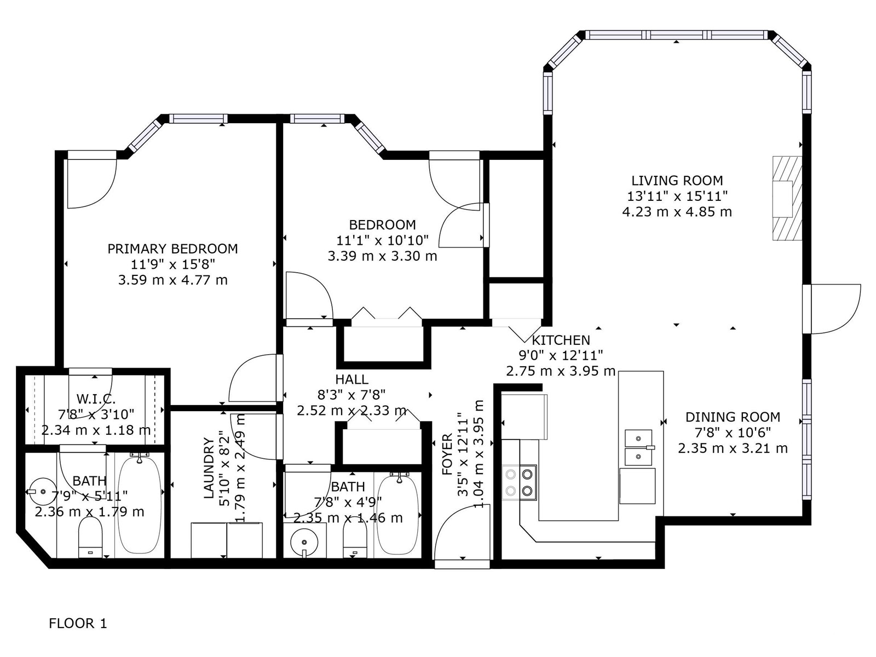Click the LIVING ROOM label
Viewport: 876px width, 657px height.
click(677, 181)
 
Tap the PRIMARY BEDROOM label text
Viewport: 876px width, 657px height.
click(173, 249)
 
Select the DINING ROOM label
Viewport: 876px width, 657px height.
click(733, 417)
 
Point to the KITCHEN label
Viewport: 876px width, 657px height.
click(561, 340)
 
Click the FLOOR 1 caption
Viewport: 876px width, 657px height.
click(78, 623)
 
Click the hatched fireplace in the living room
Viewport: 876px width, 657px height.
click(787, 198)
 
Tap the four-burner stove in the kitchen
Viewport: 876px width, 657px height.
click(519, 483)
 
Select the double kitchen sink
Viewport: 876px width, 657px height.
click(639, 447)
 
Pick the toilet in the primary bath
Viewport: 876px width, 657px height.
click(90, 537)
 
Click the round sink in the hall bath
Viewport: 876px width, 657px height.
click(304, 543)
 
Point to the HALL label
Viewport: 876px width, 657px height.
click(351, 379)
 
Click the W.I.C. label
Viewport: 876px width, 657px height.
click(96, 399)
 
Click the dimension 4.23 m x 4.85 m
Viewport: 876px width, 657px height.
click(677, 212)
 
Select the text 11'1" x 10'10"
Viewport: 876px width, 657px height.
click(382, 240)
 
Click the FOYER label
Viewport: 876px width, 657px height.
click(447, 454)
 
